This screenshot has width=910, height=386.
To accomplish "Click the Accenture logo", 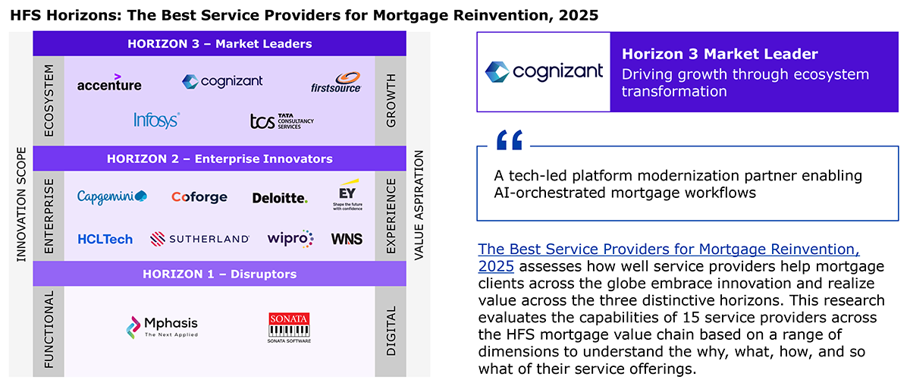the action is [x=109, y=83].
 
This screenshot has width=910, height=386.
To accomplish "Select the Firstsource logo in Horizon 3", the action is [x=336, y=83].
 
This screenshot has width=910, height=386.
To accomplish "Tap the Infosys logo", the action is [x=157, y=121].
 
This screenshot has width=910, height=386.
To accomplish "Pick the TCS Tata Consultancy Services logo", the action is [x=282, y=121].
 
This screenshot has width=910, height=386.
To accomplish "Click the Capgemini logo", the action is [x=112, y=196].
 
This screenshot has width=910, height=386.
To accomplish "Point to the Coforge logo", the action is [x=199, y=197].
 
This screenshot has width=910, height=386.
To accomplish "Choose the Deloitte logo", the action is [x=280, y=198].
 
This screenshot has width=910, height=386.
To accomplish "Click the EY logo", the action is [x=348, y=194].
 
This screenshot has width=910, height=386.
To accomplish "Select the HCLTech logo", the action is [x=105, y=239].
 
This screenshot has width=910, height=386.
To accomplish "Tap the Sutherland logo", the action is [x=199, y=239].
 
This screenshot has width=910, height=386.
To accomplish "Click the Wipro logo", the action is [x=290, y=239].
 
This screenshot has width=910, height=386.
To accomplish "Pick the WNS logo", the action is [x=347, y=239].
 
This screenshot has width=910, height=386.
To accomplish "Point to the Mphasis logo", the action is [x=162, y=327].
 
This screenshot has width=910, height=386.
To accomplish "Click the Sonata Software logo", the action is [x=289, y=328].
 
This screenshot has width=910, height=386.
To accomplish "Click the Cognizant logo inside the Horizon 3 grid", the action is [x=222, y=82].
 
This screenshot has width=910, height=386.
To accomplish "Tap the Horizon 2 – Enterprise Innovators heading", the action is [x=220, y=158].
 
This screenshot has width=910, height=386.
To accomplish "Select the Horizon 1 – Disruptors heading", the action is [x=220, y=274].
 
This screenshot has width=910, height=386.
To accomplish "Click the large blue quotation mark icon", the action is [x=510, y=140].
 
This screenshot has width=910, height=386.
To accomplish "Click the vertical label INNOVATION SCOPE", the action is [x=21, y=205].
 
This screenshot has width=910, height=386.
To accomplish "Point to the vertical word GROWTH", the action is [x=391, y=100].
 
